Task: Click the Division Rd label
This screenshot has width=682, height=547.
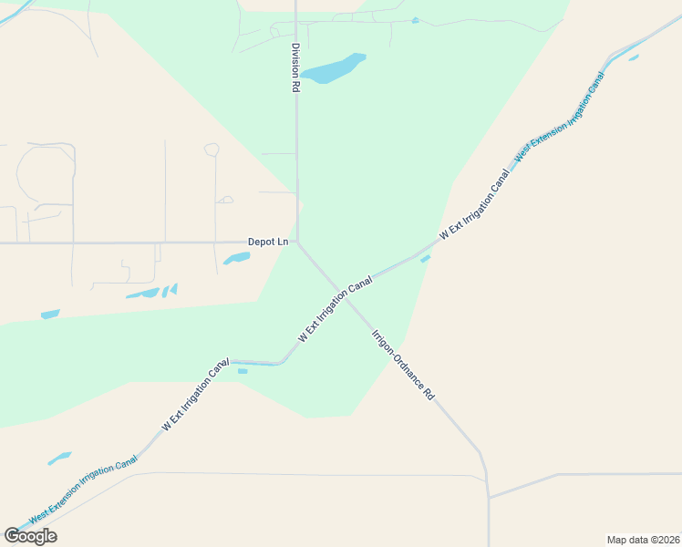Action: coord(295,68)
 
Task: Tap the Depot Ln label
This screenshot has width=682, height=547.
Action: coord(268,242)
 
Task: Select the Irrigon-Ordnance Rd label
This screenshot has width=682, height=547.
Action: coord(402,365)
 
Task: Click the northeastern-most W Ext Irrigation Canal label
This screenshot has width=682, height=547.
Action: coord(474,204)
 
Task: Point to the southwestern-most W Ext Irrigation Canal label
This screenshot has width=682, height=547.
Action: coord(195,394)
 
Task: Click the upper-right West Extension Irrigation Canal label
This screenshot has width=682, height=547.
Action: coord(559,118)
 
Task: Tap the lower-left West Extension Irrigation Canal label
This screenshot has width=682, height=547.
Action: coord(83,489)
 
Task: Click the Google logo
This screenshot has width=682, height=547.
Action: coord(30,536)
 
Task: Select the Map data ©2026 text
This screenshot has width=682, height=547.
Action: coord(644,539)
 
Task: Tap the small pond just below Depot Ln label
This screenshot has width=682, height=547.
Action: coord(237,259)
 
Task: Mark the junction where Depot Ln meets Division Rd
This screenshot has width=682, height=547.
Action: coord(297,243)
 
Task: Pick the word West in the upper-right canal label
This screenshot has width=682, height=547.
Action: coord(522,154)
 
